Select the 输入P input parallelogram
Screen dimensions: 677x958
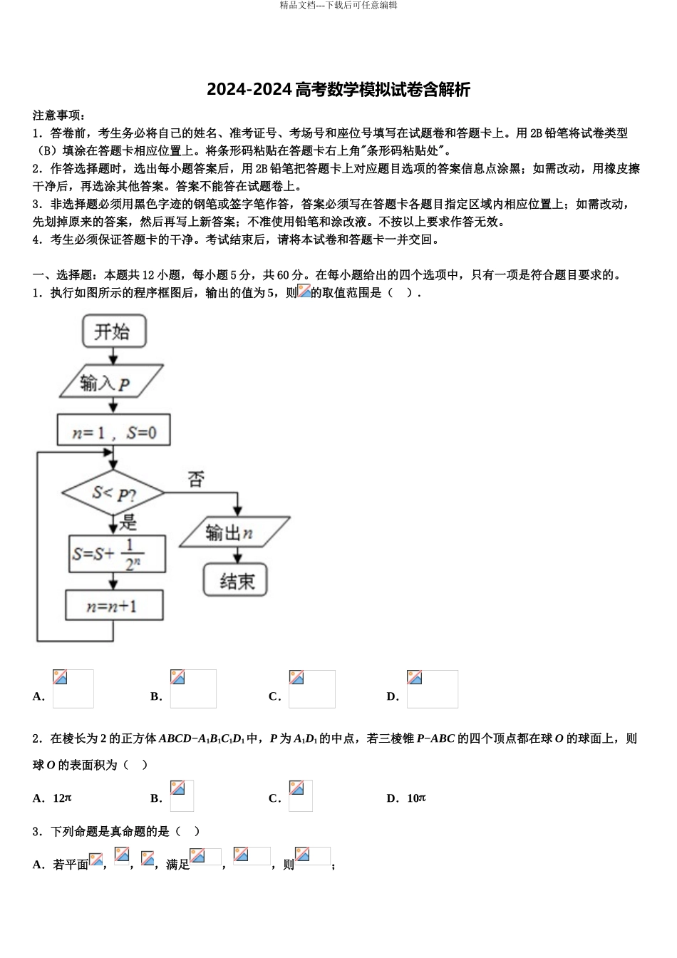point(111,383)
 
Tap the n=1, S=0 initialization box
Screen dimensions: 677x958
point(114,432)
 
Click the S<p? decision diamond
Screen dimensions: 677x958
point(113,493)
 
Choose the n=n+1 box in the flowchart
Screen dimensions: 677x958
point(114,607)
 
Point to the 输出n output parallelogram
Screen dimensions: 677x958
point(234,533)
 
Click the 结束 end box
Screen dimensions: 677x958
point(236,581)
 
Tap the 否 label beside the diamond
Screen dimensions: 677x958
point(196,479)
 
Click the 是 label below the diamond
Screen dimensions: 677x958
point(128,522)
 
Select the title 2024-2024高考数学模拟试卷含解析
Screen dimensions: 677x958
point(338,90)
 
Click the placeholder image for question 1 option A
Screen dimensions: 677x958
point(73,689)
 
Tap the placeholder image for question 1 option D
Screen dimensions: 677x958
point(432,689)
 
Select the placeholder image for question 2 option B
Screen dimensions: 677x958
point(182,795)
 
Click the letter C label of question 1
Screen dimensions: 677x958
point(274,696)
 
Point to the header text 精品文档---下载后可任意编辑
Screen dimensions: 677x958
point(338,5)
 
